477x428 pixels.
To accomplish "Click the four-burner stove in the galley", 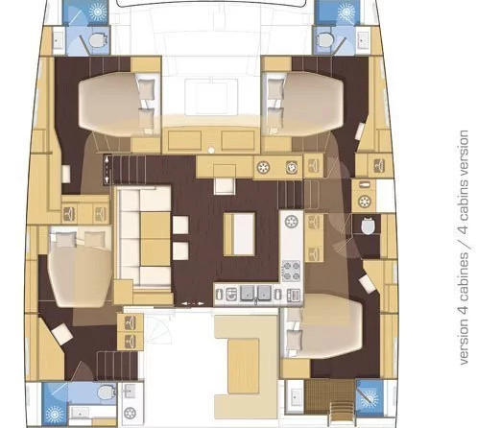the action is click(x=292, y=271).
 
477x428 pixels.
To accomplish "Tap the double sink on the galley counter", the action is click(x=255, y=293).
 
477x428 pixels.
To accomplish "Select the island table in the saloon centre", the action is click(x=239, y=234).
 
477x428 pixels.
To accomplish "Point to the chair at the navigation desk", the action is click(x=225, y=186).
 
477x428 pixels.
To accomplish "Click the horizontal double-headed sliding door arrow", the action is click(x=193, y=303).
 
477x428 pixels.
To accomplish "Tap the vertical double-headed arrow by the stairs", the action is click(x=107, y=169).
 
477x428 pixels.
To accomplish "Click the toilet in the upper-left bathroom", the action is click(x=97, y=41).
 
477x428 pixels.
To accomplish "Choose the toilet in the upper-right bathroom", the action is click(x=325, y=40).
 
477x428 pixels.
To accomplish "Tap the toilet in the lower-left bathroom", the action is click(x=106, y=392).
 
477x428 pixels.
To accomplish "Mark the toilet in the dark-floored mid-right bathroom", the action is click(x=367, y=226).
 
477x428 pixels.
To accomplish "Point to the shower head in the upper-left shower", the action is click(x=97, y=12).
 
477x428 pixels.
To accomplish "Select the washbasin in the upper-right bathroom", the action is click(x=363, y=39).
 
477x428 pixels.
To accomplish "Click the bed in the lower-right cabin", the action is click(x=323, y=326).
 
